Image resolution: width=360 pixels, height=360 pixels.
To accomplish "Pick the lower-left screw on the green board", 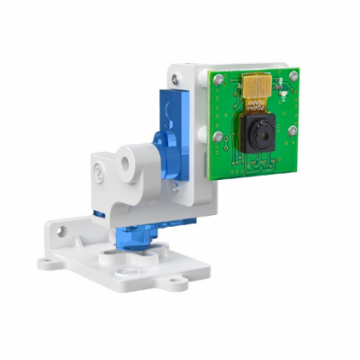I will pyautogui.click(x=219, y=137).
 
